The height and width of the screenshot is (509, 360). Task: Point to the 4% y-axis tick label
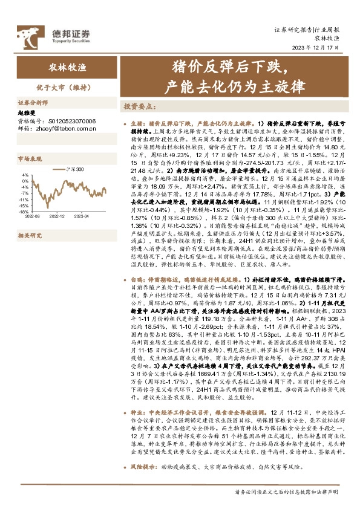pos(25,175)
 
